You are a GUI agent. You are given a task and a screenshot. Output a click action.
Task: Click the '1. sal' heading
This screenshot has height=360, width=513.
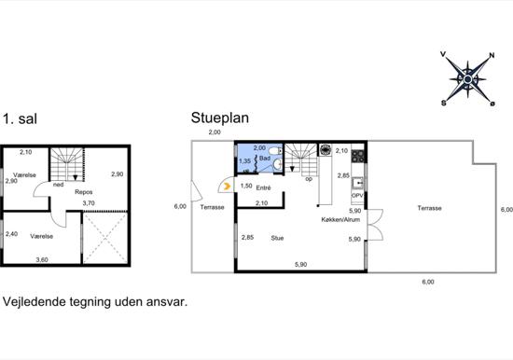coord(20,118)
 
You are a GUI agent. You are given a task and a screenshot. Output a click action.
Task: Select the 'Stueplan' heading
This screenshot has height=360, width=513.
coord(220,118)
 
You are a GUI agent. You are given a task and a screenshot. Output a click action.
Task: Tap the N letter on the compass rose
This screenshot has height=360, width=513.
coord(492,55)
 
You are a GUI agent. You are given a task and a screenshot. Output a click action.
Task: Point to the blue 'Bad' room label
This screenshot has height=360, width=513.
coord(265,159)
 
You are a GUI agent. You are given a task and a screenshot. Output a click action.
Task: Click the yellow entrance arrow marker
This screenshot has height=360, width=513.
coord(227,187)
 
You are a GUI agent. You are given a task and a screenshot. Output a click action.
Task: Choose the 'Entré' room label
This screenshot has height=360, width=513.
coord(263,187)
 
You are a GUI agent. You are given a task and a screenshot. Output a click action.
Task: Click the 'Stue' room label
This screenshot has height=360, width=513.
coord(277,238)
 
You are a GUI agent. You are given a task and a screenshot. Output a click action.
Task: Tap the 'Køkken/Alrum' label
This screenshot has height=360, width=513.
coord(340,219)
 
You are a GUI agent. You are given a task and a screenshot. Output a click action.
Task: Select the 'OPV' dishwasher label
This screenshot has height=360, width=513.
coord(357,195)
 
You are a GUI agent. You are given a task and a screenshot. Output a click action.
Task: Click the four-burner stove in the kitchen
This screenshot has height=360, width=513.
coord(358,156)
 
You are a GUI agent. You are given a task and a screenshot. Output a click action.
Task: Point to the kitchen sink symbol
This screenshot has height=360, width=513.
coord(358,184)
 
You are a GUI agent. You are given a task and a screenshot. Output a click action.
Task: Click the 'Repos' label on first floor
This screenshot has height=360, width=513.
coord(83,192)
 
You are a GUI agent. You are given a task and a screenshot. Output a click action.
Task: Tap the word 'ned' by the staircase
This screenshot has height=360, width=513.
coord(58,185)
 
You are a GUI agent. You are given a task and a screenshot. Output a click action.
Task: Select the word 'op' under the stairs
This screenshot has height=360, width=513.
coord(309,179)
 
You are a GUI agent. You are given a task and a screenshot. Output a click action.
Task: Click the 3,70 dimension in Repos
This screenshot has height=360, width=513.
coord(89,203)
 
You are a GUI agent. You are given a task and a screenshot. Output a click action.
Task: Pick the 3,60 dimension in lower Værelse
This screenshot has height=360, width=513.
coord(42,260)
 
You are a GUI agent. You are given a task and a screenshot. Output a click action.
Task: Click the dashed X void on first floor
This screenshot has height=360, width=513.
coord(104,238)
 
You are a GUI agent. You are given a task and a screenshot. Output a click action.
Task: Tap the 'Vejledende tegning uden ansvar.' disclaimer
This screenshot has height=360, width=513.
coord(95,302)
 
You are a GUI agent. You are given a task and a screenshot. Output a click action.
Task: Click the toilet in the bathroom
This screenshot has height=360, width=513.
coord(274,151)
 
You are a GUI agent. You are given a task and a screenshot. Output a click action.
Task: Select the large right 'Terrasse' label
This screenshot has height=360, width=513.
coord(430,208)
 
